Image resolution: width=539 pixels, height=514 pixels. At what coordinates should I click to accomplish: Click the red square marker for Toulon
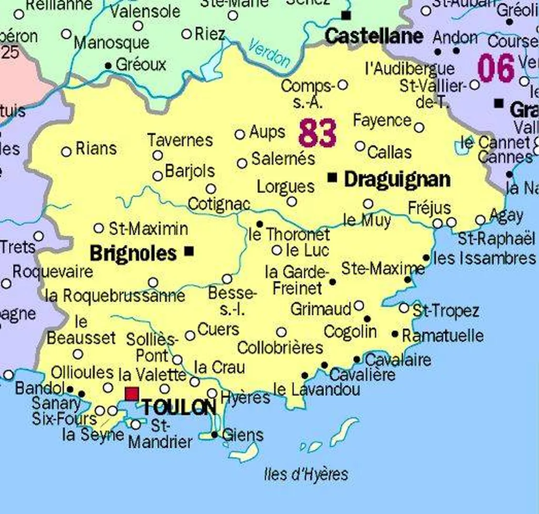click(x=132, y=394)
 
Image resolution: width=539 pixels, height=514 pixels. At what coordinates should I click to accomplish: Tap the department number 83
click(x=317, y=133)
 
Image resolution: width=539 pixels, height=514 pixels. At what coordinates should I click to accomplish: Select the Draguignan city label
click(x=397, y=179)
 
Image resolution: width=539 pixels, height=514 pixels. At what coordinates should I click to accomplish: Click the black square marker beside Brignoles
click(x=189, y=251)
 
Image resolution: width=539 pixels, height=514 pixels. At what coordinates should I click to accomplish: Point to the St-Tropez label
click(x=445, y=310)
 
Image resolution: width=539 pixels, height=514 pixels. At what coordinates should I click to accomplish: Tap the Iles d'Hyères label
click(x=306, y=474)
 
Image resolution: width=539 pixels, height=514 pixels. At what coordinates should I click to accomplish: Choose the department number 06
click(x=496, y=68)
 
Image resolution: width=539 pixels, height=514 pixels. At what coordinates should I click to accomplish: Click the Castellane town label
click(x=374, y=36)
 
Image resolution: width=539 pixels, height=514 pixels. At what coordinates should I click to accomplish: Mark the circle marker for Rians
click(x=66, y=152)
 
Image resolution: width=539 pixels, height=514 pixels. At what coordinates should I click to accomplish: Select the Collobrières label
click(x=280, y=348)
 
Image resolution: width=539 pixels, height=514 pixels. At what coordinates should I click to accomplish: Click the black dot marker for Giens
click(x=214, y=435)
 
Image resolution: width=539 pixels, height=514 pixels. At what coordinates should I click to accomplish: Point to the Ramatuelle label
click(x=443, y=335)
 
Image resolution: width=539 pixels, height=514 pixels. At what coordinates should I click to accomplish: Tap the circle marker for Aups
click(x=239, y=135)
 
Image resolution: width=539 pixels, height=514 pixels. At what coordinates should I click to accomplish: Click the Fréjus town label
click(x=430, y=208)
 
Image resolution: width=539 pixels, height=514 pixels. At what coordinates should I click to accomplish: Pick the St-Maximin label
click(x=148, y=229)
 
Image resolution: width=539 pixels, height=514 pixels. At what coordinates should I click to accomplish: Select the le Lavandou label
click(x=317, y=390)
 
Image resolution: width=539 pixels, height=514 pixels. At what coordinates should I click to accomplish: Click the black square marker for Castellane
click(x=346, y=15)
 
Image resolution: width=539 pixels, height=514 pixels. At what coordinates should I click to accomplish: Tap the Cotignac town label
click(x=218, y=204)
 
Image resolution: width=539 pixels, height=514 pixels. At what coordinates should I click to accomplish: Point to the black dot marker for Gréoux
click(x=108, y=66)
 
